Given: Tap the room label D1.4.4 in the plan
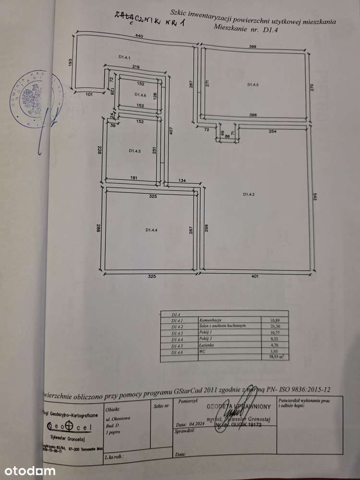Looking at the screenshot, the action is [152, 230].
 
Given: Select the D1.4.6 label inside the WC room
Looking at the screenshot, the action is [140, 94].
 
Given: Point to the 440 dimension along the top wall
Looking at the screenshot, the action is [139, 36].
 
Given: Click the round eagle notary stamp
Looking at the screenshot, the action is [36, 98].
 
